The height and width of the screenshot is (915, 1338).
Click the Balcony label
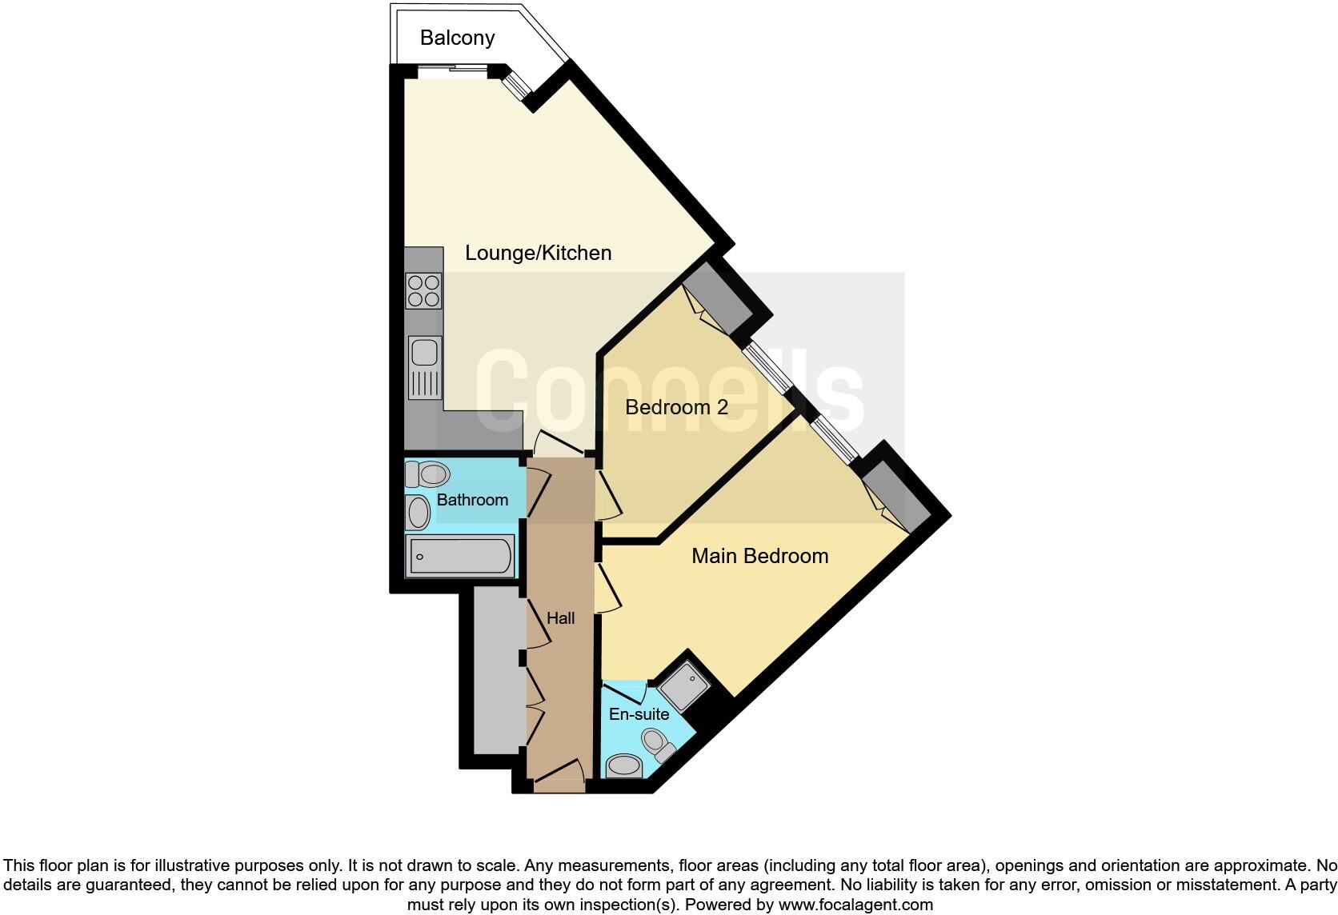457,38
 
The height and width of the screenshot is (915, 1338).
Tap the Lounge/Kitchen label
538,253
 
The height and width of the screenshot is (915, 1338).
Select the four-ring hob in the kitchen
423,290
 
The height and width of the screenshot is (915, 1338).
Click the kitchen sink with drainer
424,367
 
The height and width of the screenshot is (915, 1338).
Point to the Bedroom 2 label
676,407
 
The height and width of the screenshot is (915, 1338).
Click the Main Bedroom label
759,556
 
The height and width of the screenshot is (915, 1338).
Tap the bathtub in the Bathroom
459,556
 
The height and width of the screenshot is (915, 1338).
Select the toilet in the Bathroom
427,474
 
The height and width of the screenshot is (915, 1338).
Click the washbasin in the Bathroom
418,512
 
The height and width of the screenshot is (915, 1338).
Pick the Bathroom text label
472,500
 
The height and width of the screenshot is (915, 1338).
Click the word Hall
560,618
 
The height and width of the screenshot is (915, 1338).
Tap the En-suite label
639,714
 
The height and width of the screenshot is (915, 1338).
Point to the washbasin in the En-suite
624,766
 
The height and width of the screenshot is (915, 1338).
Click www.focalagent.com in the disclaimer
855,905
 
